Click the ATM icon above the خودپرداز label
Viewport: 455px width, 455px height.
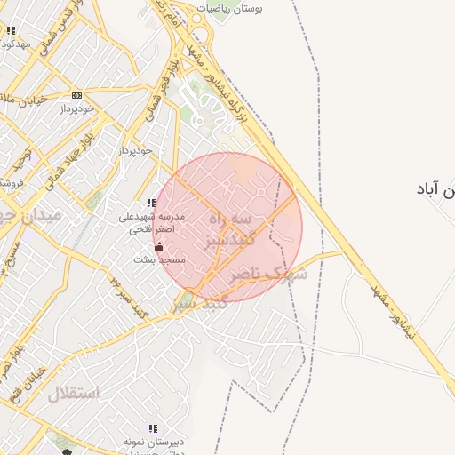76,95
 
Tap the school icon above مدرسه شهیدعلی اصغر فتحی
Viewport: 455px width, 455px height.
151,204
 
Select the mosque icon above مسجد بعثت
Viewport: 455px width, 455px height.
159,246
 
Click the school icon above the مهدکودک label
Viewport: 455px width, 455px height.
10,30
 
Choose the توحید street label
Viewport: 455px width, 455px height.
20,160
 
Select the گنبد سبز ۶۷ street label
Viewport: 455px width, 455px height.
130,292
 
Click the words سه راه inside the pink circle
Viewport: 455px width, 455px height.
230,219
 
